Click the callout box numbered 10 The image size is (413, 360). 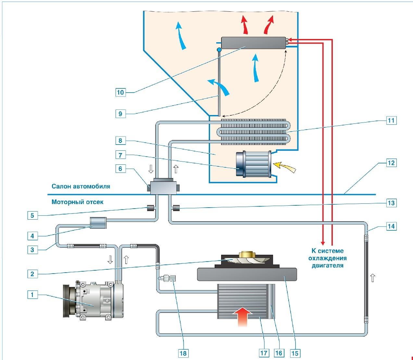tap(120, 92)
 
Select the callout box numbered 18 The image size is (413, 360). tap(183, 353)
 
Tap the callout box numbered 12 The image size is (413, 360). tap(391, 162)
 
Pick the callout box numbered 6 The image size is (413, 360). tap(120, 168)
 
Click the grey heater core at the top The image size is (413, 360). tap(253, 43)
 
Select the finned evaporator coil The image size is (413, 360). tap(253, 131)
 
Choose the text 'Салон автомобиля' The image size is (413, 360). tap(81, 186)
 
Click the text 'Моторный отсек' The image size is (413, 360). tap(78, 202)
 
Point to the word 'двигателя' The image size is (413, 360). tap(327, 265)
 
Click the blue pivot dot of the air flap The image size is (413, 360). tap(219, 50)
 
